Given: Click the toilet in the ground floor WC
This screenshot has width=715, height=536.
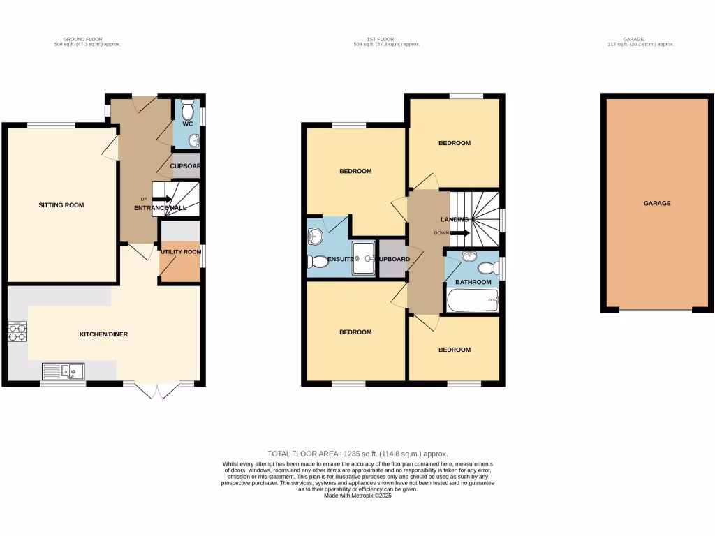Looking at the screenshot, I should click(186, 110).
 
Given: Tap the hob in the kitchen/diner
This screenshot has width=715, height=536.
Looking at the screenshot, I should click(17, 332).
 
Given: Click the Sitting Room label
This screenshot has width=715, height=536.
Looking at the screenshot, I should click(61, 205).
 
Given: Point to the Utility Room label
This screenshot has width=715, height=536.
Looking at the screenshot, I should click(181, 252).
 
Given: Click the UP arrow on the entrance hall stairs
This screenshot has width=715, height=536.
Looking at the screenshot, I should click(163, 199).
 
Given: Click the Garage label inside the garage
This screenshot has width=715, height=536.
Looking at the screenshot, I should click(657, 204).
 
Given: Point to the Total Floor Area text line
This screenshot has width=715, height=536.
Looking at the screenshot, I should click(357, 454).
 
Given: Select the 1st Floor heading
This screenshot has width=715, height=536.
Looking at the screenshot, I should click(386, 39).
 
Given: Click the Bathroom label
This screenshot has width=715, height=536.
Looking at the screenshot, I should click(473, 283).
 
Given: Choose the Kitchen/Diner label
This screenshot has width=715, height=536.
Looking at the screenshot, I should click(103, 334).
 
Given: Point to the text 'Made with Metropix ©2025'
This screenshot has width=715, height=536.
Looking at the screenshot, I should click(357, 496).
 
